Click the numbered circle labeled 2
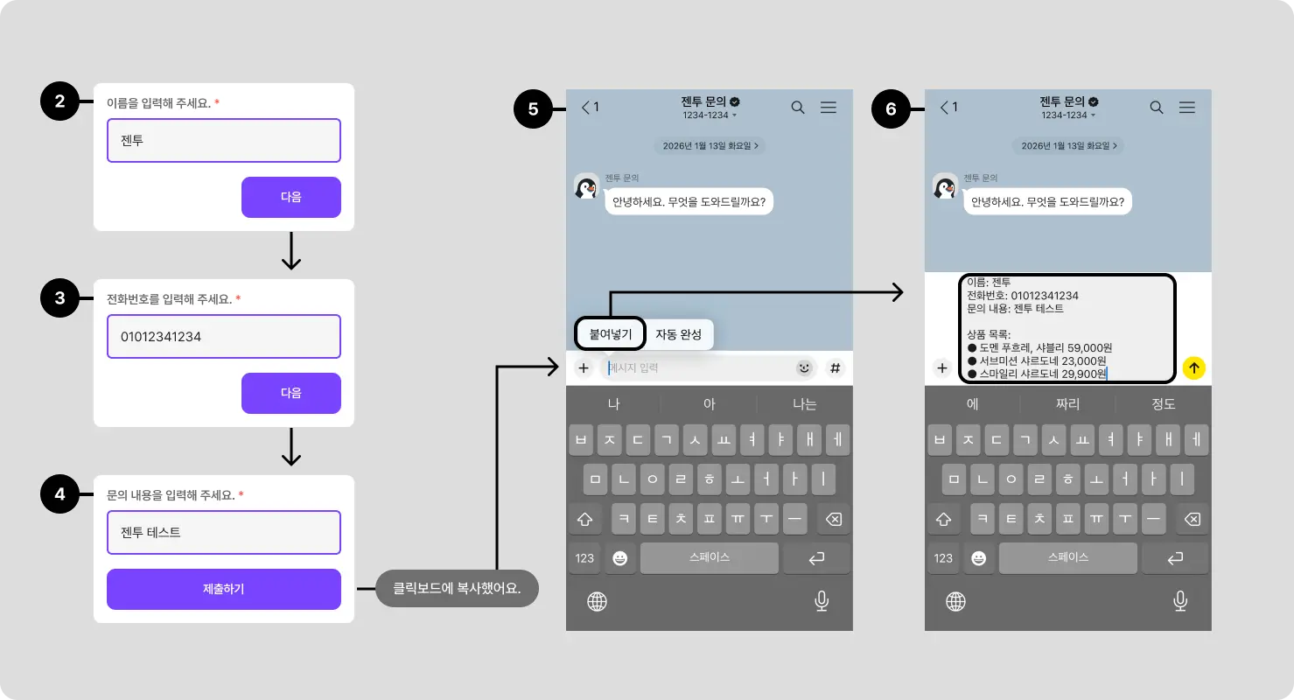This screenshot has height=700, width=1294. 59,101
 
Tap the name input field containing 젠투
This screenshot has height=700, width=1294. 224,140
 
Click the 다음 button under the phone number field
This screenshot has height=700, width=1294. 290,393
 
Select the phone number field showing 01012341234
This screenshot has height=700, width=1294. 224,336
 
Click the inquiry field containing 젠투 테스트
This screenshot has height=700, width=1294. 224,532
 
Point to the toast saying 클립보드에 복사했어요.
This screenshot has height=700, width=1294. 457,588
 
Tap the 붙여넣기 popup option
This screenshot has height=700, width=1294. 611,333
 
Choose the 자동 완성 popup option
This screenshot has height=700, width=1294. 679,333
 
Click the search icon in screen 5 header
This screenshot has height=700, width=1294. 798,108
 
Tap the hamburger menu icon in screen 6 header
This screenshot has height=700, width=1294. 1187,108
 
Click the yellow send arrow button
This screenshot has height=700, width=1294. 1193,368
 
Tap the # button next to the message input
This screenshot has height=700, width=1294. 835,368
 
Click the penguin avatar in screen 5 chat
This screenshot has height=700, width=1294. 586,187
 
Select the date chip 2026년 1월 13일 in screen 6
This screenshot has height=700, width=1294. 1068,145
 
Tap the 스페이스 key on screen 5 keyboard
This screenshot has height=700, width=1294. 709,557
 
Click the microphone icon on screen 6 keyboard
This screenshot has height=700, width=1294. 1179,601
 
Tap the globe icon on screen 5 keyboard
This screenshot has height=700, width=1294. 598,601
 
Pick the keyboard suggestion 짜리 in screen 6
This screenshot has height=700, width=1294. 1067,404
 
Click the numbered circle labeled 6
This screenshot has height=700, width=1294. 892,109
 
